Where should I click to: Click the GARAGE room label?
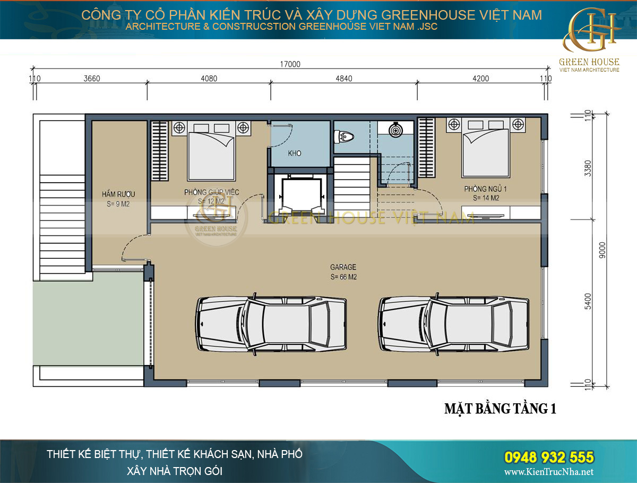[x=343, y=267]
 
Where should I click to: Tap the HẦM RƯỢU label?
[x=117, y=194]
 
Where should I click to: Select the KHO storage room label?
[x=295, y=154]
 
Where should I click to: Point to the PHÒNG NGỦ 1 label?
[x=481, y=189]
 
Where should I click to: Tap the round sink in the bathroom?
[x=395, y=130]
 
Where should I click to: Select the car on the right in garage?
[x=454, y=323]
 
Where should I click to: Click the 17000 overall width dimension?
[x=290, y=64]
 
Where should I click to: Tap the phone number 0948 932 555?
[x=548, y=457]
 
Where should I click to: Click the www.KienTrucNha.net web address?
[x=548, y=472]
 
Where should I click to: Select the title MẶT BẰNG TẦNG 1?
[x=500, y=409]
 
